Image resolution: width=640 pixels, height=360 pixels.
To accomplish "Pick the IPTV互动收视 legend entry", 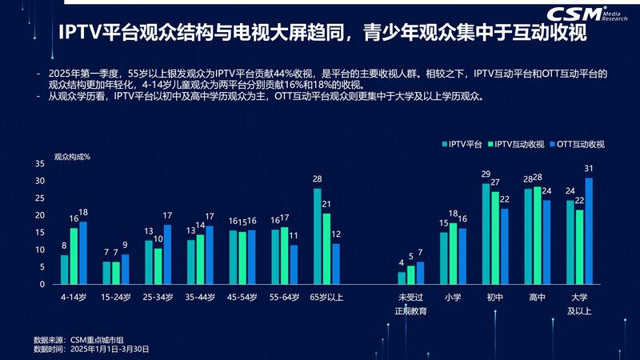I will click(519, 144).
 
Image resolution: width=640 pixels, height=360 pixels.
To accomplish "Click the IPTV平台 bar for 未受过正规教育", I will click(402, 278).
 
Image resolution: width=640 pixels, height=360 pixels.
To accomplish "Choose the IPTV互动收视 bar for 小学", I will click(454, 254).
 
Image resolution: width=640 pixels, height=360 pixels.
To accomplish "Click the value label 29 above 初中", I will click(486, 174).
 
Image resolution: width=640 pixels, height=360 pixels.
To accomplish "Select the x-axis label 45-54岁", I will click(242, 297).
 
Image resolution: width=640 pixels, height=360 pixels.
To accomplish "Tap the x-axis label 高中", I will click(538, 297).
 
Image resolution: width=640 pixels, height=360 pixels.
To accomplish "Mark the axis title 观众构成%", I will click(72, 156).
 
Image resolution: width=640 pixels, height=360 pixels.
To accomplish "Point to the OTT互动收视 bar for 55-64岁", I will click(294, 265).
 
